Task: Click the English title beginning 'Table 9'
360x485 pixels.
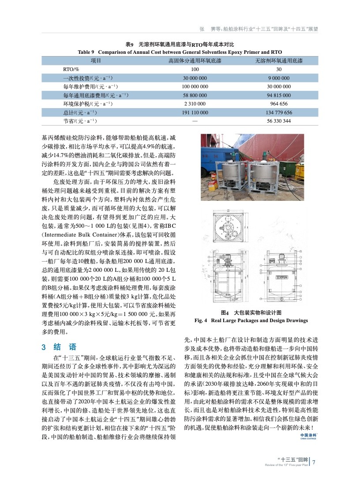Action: tap(180, 52)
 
